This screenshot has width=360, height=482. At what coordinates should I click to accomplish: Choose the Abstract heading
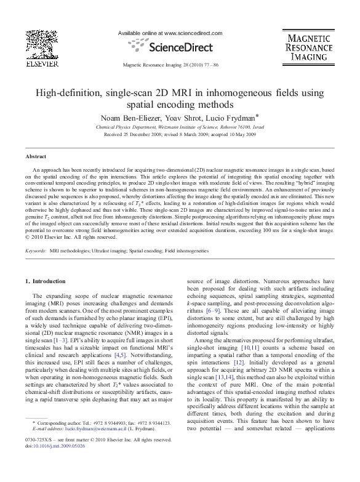[x=34, y=157]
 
